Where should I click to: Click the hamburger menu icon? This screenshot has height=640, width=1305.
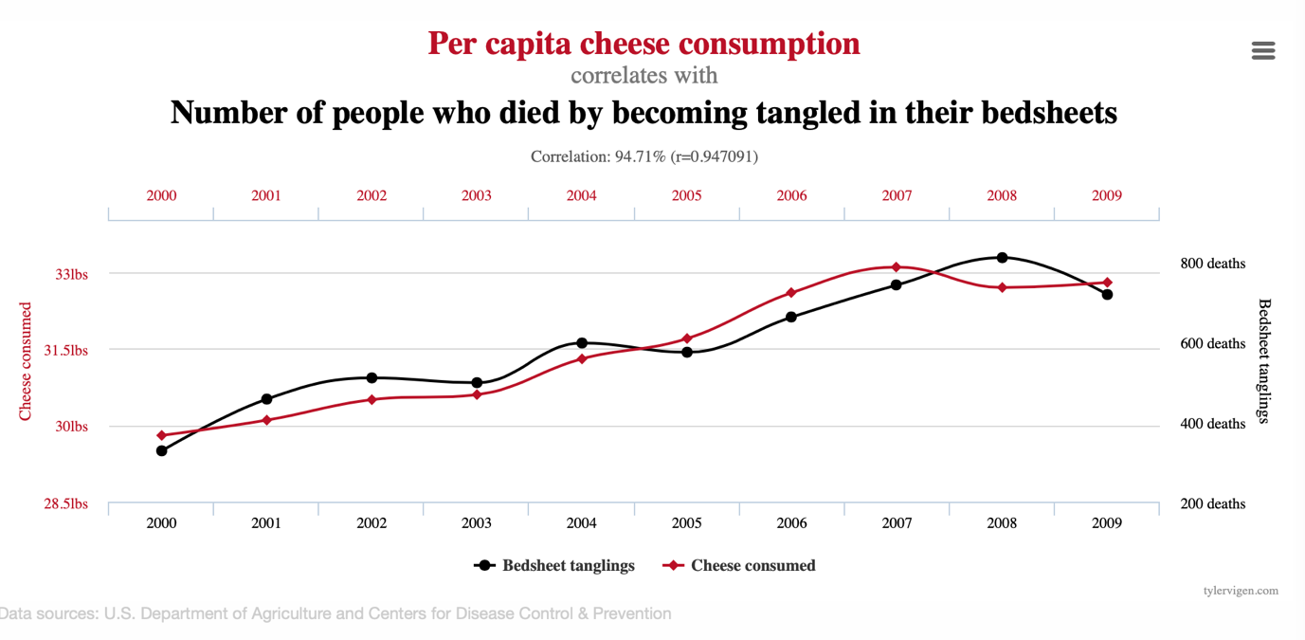coord(1262,50)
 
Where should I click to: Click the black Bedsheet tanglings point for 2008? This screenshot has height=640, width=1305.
coord(1002,258)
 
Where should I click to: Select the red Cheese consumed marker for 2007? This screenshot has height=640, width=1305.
coord(897,267)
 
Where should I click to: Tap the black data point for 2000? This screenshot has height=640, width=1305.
coord(162,450)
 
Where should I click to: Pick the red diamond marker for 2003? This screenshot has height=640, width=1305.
coord(477,394)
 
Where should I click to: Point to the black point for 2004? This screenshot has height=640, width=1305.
coord(582,343)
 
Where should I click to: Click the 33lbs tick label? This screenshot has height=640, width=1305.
coord(71,275)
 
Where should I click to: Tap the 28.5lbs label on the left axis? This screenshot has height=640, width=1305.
coord(65,504)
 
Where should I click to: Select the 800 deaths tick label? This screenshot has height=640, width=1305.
coord(1212,264)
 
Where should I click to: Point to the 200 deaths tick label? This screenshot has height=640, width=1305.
coord(1212,504)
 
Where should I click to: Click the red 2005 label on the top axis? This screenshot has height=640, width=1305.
coord(687,196)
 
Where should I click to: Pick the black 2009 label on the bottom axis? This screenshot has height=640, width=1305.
coord(1106,523)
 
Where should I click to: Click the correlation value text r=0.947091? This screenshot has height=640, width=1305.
coord(713,156)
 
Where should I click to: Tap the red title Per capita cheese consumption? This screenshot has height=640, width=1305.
coord(643,44)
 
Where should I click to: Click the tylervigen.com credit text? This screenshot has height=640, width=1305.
coord(1240,591)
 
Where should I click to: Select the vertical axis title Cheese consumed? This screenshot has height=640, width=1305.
coord(26,361)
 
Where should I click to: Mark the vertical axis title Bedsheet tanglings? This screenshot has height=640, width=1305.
coord(1264,360)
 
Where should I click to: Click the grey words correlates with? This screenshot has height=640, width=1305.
coord(643,76)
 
